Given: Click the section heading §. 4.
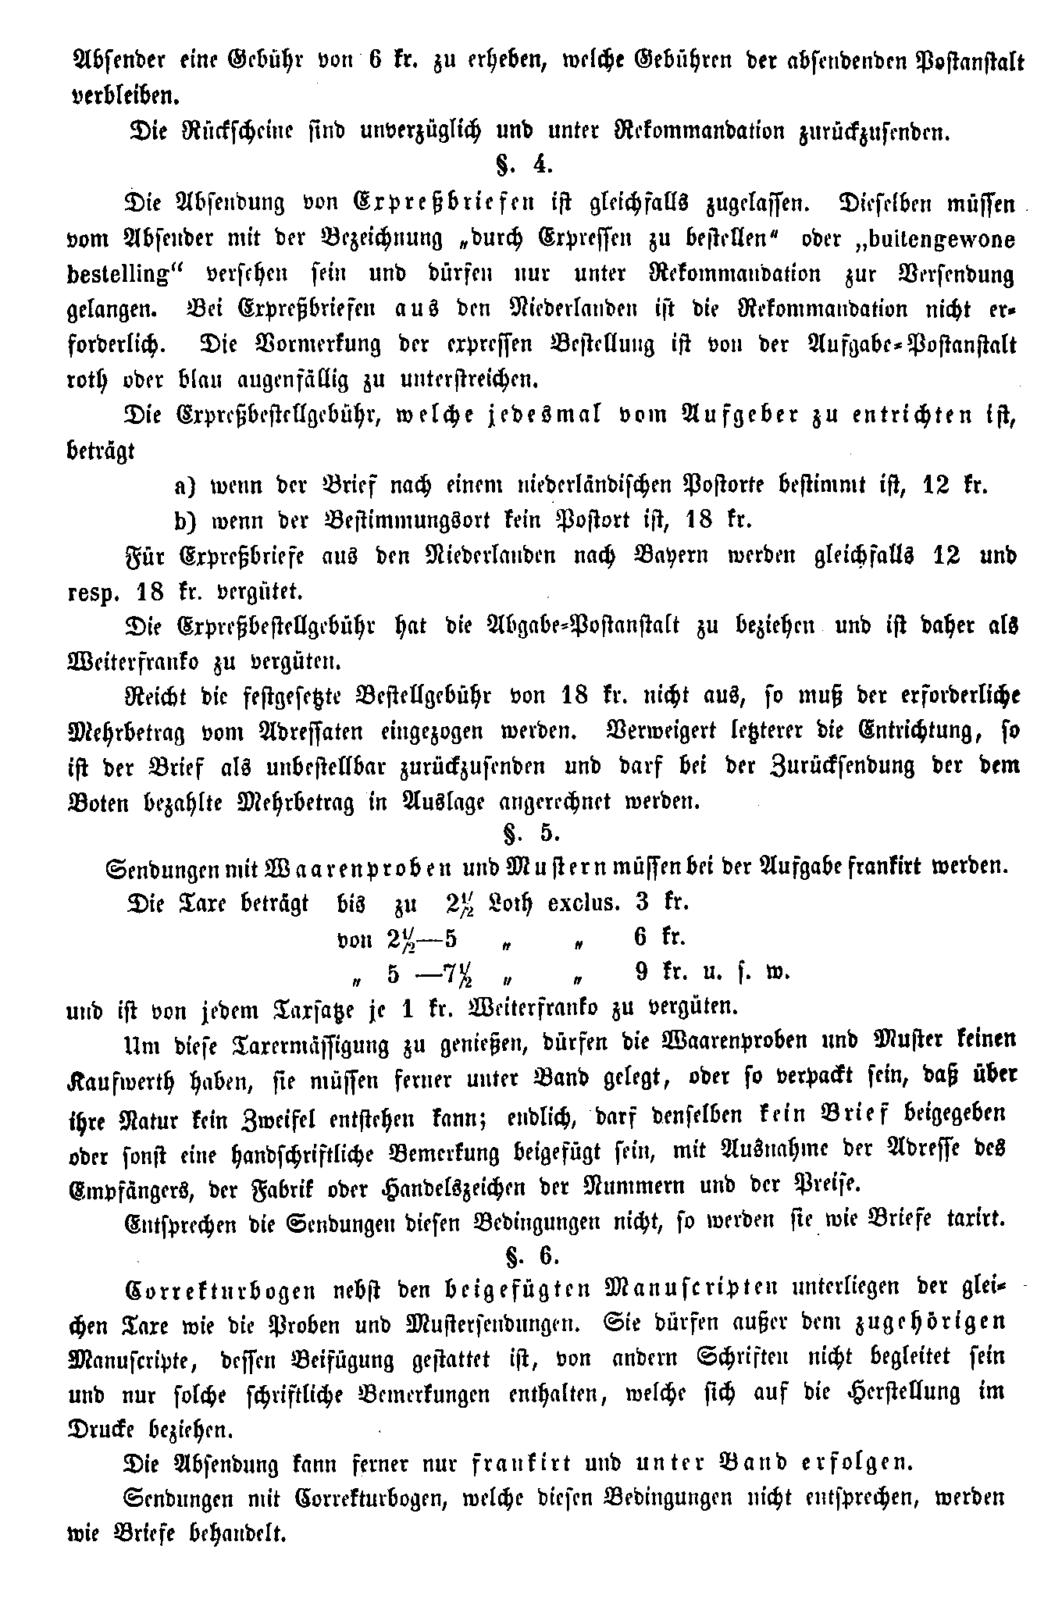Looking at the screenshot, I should pos(524,166).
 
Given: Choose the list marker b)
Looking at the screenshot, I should pos(186,520).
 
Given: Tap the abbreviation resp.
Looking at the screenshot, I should pos(92,592).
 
